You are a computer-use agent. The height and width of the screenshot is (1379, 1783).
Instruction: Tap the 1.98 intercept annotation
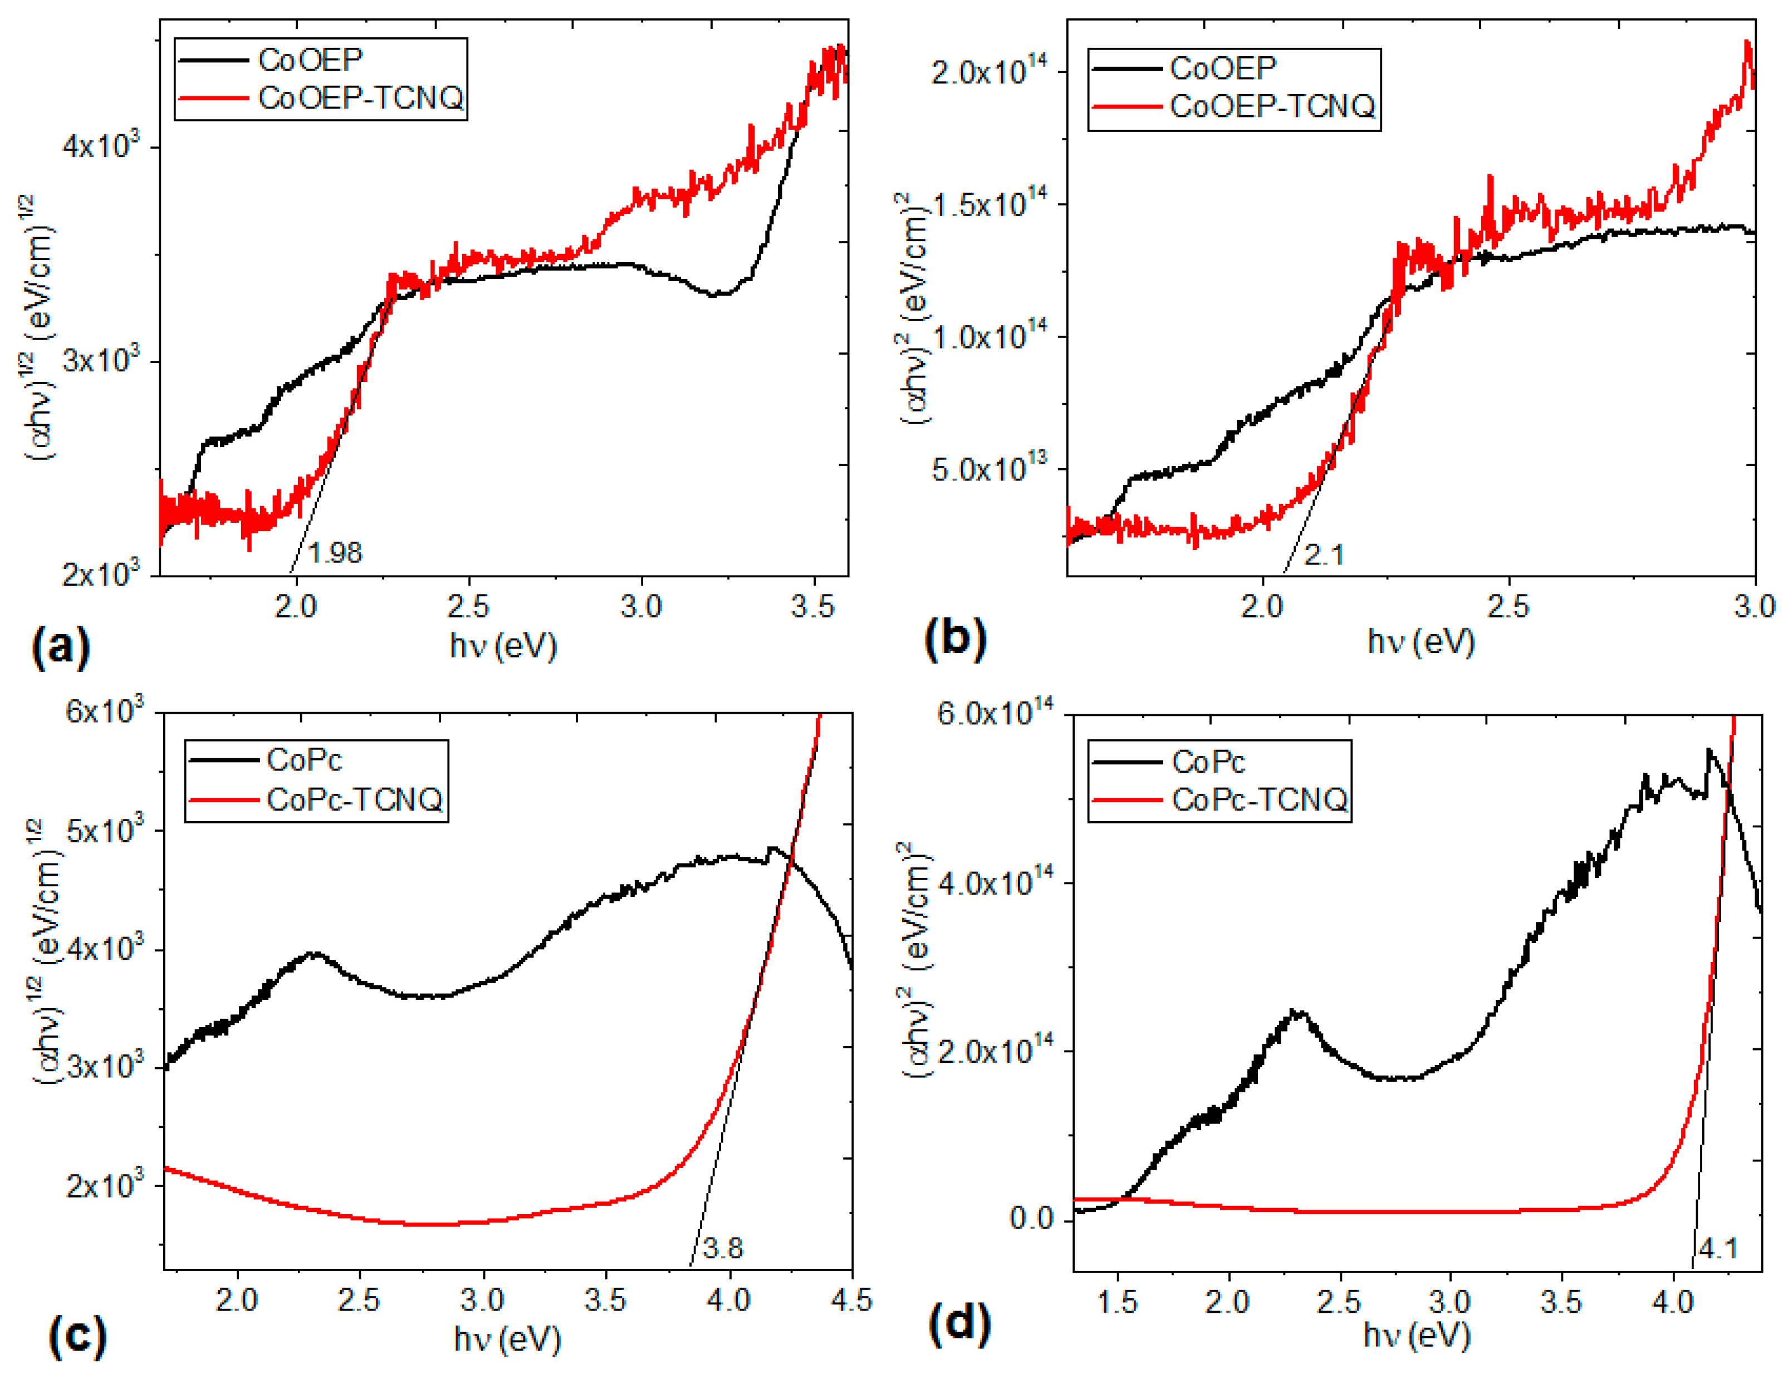point(335,553)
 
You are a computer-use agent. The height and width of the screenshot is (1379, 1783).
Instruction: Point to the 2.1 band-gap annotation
point(1324,555)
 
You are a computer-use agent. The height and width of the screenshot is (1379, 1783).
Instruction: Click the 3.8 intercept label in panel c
point(723,1248)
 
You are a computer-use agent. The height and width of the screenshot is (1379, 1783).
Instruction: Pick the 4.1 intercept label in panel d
point(1718,1248)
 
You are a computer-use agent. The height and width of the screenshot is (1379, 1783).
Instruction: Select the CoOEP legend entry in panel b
point(1222,68)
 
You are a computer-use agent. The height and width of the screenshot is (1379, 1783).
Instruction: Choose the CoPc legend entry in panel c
point(303,760)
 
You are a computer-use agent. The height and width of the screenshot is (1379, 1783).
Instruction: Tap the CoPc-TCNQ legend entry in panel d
point(1259,799)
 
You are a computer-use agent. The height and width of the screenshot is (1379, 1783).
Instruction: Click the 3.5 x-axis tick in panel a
point(813,607)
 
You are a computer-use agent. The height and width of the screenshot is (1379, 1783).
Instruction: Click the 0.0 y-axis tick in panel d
point(1031,1218)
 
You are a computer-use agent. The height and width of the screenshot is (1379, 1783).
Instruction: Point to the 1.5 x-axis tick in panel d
point(1116,1302)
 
